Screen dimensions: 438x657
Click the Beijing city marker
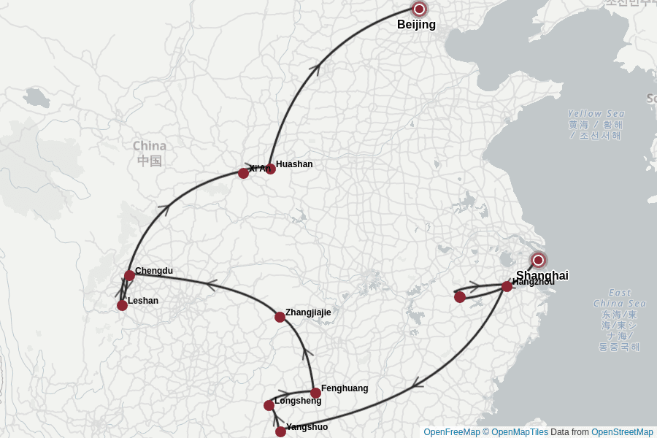[x=419, y=9]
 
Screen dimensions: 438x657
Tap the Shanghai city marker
[x=538, y=260]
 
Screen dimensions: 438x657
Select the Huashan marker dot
[x=270, y=169]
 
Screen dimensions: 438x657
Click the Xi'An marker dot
[x=243, y=173]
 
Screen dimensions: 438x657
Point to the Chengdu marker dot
[x=129, y=275]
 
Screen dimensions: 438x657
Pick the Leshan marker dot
[x=122, y=305]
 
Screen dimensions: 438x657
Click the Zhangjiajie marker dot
[x=280, y=317]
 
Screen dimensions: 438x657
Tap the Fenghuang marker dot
[x=315, y=393]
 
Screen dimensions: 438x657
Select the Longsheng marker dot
[x=269, y=405]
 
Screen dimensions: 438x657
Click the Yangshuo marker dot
[x=280, y=431]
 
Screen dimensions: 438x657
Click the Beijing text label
[x=416, y=25]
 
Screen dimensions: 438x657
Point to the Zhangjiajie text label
[x=308, y=312]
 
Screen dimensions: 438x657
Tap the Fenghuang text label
[x=345, y=388]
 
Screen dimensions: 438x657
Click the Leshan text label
[x=143, y=301]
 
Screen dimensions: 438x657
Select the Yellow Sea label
[x=596, y=114]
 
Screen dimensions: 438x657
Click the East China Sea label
[x=619, y=298]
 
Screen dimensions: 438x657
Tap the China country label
[x=150, y=146]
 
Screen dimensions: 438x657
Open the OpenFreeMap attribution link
[x=451, y=432]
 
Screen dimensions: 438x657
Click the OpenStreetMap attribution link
[x=622, y=432]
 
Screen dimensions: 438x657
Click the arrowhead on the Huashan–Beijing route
[x=315, y=68]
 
